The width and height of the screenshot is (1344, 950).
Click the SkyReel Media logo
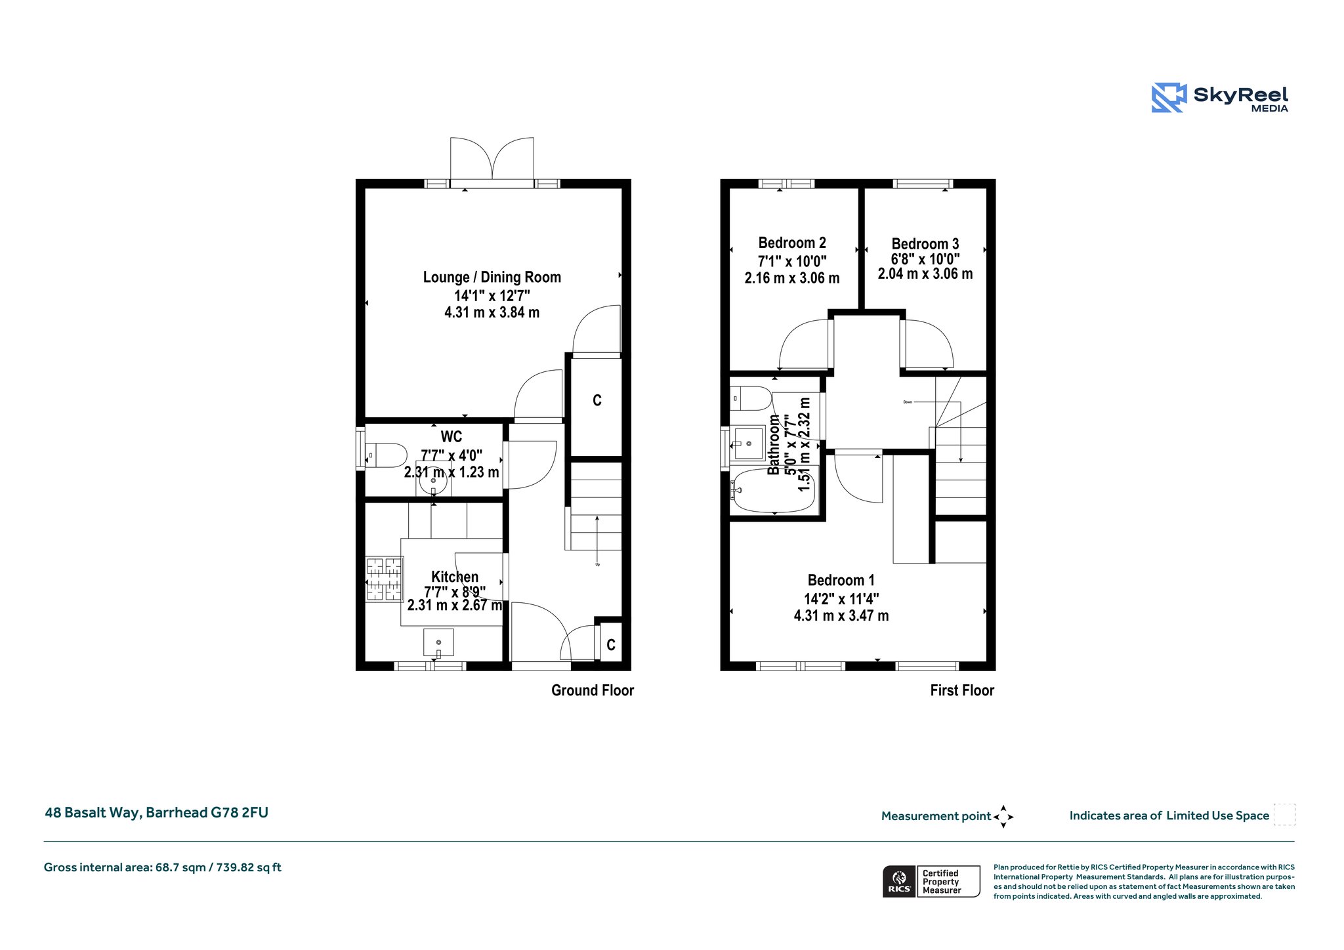[x=1219, y=98]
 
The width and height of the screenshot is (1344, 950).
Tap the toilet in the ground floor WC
[x=386, y=455]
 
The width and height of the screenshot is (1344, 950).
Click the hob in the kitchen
[x=384, y=579]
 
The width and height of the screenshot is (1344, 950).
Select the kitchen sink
[x=438, y=642]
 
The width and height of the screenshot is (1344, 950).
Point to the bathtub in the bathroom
[x=774, y=489]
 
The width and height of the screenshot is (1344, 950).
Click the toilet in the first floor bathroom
[x=751, y=398]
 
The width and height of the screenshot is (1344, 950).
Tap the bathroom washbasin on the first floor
[x=748, y=444]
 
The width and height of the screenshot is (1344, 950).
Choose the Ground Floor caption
[x=593, y=690]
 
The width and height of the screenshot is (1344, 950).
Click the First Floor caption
[x=962, y=690]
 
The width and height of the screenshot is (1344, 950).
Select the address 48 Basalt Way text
[x=156, y=813]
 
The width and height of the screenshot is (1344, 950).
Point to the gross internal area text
[x=163, y=867]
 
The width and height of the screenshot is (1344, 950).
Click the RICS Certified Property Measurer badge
[x=931, y=881]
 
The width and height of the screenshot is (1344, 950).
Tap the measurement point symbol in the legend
[x=1003, y=817]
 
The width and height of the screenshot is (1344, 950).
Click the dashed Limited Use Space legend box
[x=1284, y=814]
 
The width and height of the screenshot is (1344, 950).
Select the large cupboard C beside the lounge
[x=597, y=407]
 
